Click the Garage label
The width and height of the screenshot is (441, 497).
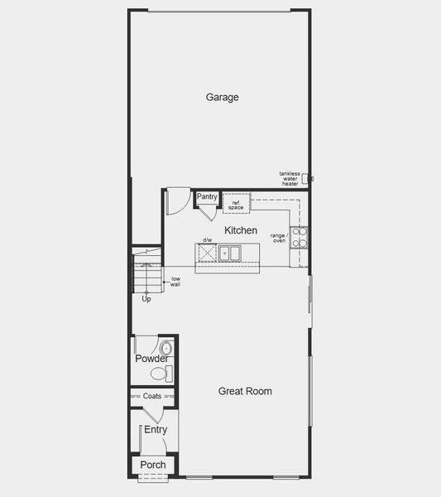(x=222, y=97)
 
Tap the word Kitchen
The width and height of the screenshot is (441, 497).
(x=241, y=230)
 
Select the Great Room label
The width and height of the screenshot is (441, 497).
(x=245, y=391)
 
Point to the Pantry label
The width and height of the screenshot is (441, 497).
(x=207, y=197)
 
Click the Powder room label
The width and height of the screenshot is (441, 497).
(x=151, y=359)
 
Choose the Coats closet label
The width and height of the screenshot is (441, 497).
(x=152, y=396)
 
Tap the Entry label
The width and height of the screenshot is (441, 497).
(x=156, y=430)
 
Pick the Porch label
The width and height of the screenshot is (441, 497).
(x=153, y=465)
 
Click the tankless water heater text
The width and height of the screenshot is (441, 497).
(x=290, y=178)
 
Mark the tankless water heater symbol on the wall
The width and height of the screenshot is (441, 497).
(x=304, y=178)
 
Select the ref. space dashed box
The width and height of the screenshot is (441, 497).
(x=236, y=203)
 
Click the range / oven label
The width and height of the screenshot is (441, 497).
(x=278, y=238)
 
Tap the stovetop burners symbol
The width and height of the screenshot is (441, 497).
(x=299, y=238)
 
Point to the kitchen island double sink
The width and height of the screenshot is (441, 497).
(x=229, y=253)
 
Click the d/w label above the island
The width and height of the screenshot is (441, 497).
(x=208, y=240)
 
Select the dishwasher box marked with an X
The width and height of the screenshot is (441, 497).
(x=207, y=253)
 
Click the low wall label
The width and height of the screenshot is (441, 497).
(x=175, y=281)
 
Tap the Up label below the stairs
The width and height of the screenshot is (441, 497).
(x=146, y=298)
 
